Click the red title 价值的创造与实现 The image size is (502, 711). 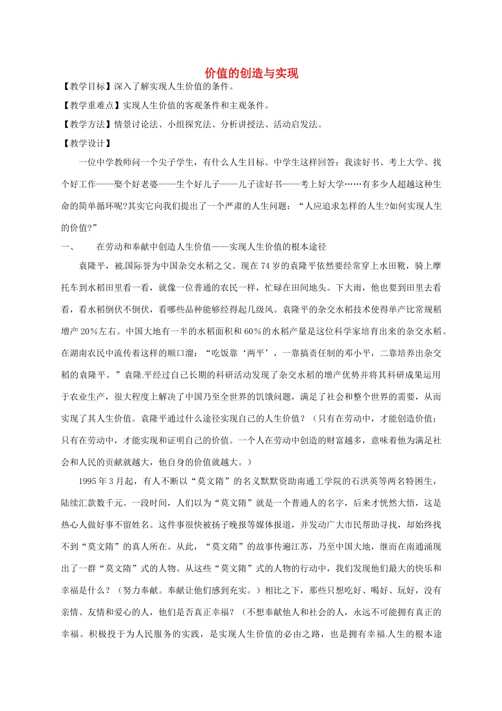(251, 73)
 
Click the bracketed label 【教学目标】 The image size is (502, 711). (87, 86)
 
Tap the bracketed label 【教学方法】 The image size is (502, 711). (87, 124)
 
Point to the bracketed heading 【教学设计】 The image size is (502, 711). (87, 143)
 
